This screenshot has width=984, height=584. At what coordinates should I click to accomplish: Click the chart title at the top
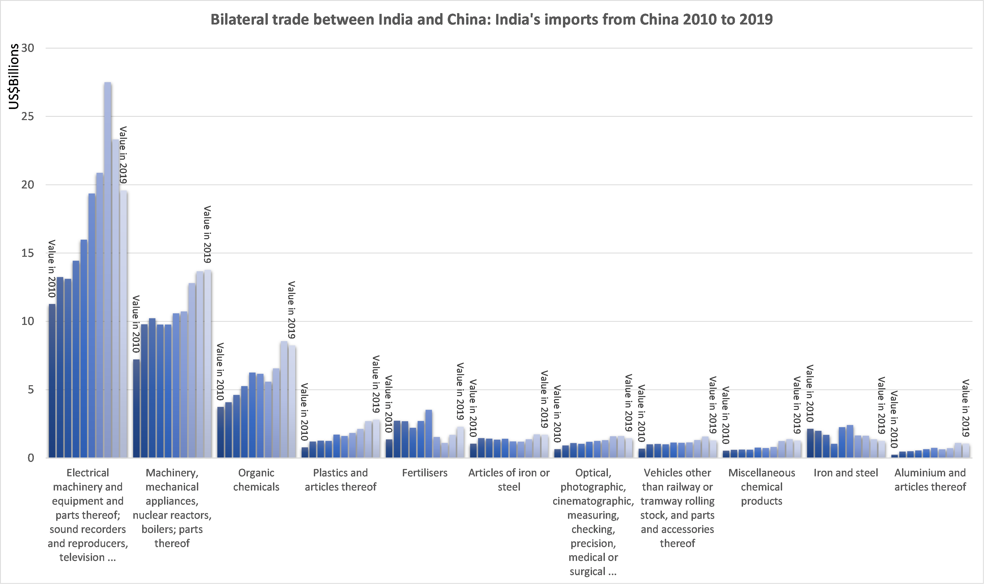pyautogui.click(x=492, y=19)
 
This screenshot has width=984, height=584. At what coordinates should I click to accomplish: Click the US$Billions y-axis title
pyautogui.click(x=14, y=76)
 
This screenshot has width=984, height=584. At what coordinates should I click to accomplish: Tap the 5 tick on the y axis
pyautogui.click(x=31, y=390)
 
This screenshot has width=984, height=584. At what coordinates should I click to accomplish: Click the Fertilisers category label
pyautogui.click(x=425, y=473)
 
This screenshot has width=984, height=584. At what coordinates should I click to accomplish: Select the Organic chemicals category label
pyautogui.click(x=256, y=480)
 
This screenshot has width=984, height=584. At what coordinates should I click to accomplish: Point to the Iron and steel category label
pyautogui.click(x=846, y=473)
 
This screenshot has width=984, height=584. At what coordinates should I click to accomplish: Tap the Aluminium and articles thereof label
pyautogui.click(x=930, y=480)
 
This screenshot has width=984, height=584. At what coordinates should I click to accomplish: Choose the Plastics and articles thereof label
pyautogui.click(x=341, y=480)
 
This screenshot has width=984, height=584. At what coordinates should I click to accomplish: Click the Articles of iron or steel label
pyautogui.click(x=509, y=480)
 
